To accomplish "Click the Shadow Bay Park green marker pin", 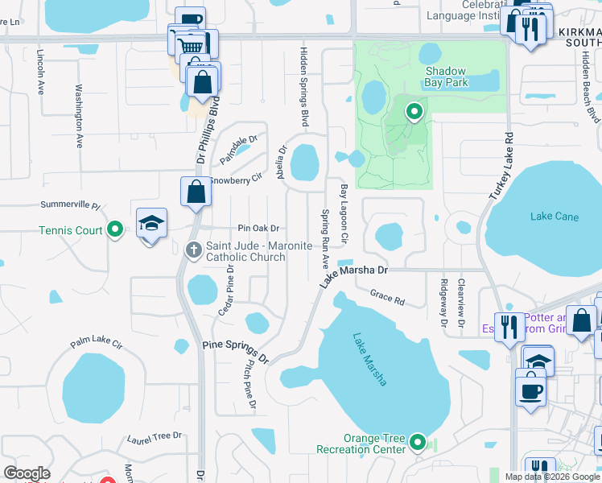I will pyautogui.click(x=414, y=112).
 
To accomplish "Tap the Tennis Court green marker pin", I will pyautogui.click(x=115, y=230).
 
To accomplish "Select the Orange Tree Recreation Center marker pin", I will pyautogui.click(x=418, y=441).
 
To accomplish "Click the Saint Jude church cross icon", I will pyautogui.click(x=193, y=250).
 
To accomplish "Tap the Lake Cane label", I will pyautogui.click(x=555, y=216).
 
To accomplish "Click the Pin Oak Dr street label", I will pyautogui.click(x=258, y=229).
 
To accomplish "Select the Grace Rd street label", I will pyautogui.click(x=387, y=297).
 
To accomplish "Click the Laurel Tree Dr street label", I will pyautogui.click(x=155, y=437).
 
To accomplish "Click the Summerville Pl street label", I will pyautogui.click(x=70, y=206).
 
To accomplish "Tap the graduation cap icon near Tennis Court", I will pyautogui.click(x=150, y=224).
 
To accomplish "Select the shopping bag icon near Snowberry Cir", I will pyautogui.click(x=196, y=192).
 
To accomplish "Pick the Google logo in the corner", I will pyautogui.click(x=27, y=473).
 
